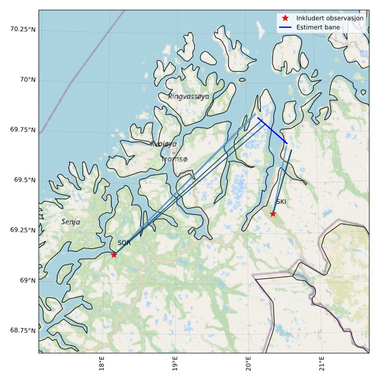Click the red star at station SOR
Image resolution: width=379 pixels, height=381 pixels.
[114, 255]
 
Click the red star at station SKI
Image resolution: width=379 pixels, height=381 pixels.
[273, 214]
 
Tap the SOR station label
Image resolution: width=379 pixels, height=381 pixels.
[124, 243]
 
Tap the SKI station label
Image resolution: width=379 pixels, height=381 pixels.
[281, 202]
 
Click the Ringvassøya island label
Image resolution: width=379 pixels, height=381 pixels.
[189, 96]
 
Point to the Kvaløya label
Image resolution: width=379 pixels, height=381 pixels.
[163, 144]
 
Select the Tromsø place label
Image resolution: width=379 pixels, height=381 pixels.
[174, 159]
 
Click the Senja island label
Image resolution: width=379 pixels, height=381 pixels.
[71, 222]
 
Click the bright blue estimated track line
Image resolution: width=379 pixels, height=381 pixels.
[272, 131]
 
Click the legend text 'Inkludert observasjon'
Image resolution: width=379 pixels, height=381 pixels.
[330, 18]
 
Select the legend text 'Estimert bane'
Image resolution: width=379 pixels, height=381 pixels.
[318, 27]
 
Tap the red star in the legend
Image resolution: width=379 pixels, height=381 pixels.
[285, 18]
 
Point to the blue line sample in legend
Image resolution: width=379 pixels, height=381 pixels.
[285, 27]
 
